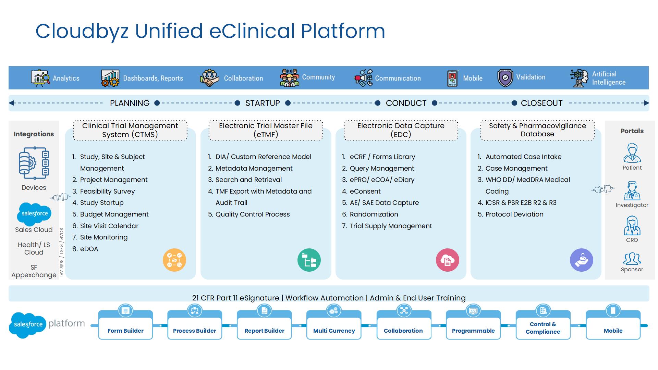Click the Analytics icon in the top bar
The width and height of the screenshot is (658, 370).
40,78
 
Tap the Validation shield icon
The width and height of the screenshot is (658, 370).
505,78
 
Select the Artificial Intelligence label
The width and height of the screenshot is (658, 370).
609,78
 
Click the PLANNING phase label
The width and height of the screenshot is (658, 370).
130,103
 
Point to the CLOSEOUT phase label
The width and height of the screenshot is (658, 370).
541,103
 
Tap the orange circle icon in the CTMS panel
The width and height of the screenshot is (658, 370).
174,260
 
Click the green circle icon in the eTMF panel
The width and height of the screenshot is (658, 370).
309,260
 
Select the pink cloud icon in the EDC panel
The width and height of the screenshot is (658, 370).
448,260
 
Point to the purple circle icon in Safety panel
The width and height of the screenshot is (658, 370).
582,260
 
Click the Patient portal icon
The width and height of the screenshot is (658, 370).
632,153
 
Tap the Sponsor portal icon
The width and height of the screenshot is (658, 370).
632,259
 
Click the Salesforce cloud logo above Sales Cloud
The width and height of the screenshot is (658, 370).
34,213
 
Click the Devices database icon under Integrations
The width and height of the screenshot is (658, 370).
34,163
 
